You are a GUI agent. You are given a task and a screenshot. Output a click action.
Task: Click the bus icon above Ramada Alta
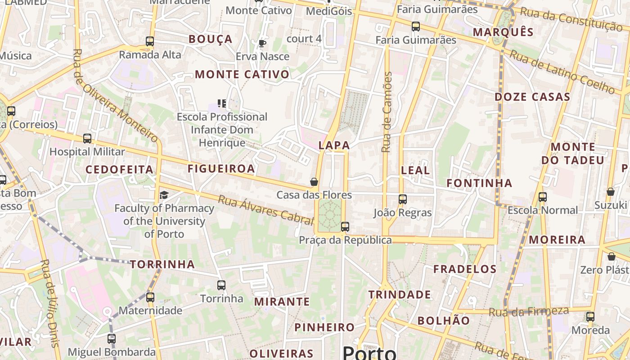point(150,41)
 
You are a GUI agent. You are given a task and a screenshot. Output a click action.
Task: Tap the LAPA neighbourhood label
point(334,145)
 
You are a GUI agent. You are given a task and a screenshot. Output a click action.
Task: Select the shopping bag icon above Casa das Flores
point(314,182)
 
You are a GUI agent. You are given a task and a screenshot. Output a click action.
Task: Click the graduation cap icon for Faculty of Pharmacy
point(164,195)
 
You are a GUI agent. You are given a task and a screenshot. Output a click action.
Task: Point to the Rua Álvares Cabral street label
point(265,210)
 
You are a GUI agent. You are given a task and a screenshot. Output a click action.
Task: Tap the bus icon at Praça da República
point(345,227)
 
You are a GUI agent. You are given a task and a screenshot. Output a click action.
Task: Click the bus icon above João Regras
point(403,199)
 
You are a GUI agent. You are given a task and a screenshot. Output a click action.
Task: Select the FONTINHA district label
point(479,183)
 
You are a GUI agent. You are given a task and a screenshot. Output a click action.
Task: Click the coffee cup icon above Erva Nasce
point(262,43)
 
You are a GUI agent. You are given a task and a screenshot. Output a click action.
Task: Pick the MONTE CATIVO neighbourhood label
point(242,75)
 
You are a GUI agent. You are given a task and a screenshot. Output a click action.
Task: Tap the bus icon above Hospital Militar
point(87,139)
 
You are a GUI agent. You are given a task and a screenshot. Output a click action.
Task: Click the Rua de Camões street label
point(387,112)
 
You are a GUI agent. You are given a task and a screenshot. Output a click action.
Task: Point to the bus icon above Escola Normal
point(543,197)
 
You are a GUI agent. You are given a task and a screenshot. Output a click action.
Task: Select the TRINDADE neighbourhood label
point(400,295)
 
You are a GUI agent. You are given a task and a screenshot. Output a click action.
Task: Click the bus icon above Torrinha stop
point(221,285)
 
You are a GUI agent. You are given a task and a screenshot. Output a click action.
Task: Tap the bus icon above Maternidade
point(150,297)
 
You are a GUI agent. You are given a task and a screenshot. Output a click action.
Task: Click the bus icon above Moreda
point(590,317)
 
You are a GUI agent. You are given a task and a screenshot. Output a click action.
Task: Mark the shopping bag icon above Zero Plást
point(611,256)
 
